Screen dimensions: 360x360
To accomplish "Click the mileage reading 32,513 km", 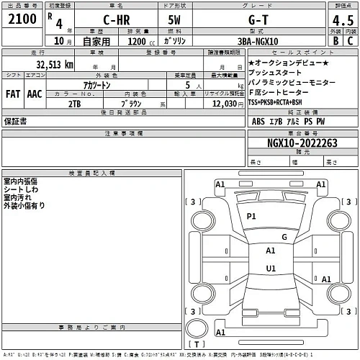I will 49,64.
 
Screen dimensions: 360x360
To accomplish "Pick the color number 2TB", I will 74,104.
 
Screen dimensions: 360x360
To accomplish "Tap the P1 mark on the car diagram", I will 251,216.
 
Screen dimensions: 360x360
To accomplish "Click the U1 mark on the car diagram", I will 271,269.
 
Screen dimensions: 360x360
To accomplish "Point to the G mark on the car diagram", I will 284,236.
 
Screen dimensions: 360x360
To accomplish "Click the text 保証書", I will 15,122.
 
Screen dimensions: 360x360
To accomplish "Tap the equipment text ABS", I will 259,121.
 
